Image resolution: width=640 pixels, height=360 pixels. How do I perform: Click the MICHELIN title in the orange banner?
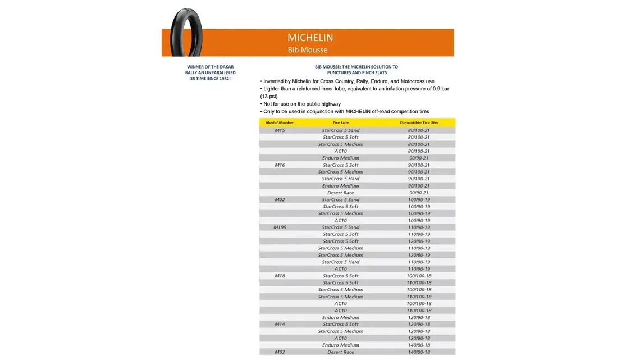(x=310, y=38)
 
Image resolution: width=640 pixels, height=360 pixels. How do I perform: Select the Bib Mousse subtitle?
(x=308, y=49)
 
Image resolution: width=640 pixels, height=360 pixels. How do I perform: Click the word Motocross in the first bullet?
(x=414, y=81)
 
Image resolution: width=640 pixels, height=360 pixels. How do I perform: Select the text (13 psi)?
(x=269, y=96)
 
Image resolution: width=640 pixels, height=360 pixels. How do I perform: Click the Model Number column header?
(x=280, y=122)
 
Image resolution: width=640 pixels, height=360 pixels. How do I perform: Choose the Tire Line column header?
(x=340, y=122)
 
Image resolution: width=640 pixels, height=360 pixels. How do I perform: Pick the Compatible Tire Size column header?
(x=419, y=122)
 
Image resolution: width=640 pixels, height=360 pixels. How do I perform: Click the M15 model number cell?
(x=280, y=130)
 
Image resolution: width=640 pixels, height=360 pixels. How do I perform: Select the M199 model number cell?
(x=280, y=227)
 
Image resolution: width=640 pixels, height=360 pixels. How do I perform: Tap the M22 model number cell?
(x=280, y=200)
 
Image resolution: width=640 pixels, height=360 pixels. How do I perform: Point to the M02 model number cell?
(x=280, y=352)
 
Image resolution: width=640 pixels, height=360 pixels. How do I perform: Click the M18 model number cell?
(x=280, y=276)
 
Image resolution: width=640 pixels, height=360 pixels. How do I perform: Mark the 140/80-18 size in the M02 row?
(x=419, y=352)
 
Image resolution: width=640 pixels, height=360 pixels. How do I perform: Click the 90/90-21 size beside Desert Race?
(x=419, y=193)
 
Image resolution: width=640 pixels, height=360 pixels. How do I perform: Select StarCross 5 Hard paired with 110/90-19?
(x=340, y=262)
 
